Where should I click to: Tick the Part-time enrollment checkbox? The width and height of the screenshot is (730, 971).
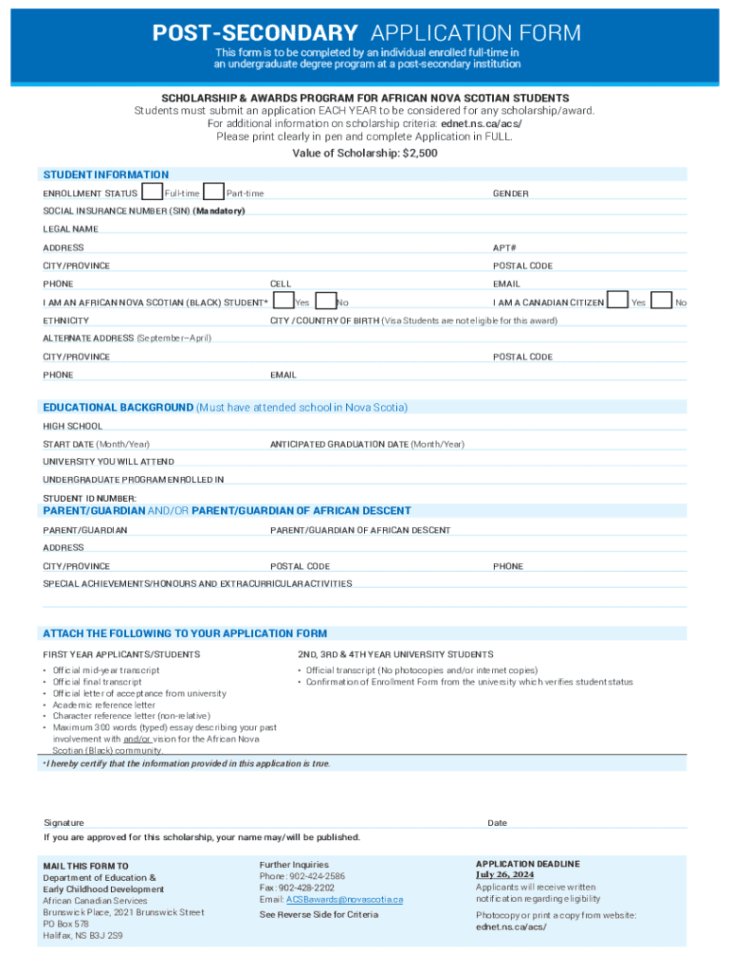214,192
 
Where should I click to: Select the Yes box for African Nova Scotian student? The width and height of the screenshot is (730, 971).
283,301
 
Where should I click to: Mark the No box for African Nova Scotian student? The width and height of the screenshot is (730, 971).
326,301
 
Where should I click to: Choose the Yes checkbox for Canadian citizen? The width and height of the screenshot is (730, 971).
617,301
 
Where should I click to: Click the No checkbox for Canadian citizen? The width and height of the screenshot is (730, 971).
664,301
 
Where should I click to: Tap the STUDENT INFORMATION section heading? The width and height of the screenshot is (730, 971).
105,174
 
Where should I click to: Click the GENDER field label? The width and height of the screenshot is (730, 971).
510,194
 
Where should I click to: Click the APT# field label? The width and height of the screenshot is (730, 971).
504,247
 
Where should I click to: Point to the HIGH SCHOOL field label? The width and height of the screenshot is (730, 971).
72,427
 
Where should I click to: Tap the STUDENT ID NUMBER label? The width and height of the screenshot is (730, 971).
89,499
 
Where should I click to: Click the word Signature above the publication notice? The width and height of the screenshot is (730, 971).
64,823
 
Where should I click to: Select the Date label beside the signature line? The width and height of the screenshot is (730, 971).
497,823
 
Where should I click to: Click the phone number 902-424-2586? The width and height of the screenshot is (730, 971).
317,876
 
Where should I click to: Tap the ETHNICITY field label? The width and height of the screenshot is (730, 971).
65,321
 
